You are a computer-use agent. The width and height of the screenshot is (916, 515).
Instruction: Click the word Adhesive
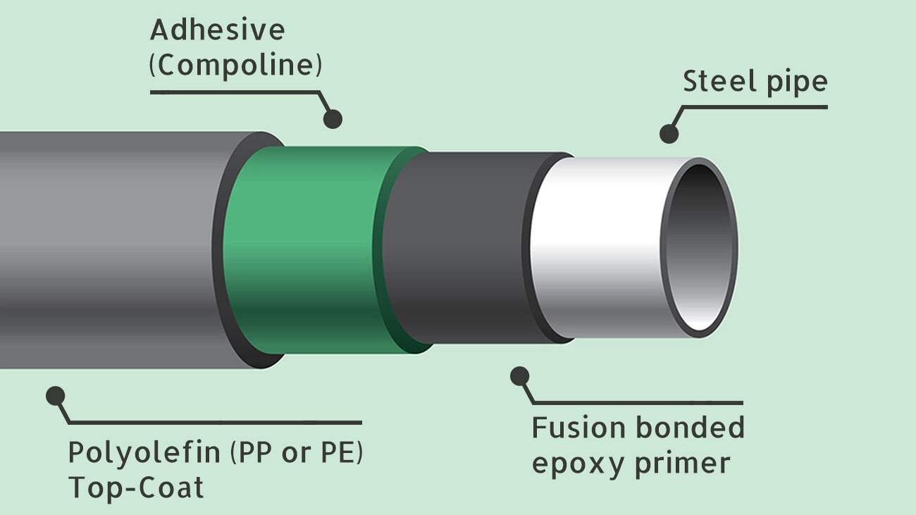(x=217, y=30)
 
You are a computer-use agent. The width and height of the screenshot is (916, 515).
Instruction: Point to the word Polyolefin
(x=144, y=452)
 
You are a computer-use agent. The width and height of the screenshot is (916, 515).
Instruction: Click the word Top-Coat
(x=136, y=488)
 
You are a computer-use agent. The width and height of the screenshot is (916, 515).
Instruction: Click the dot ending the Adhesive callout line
(x=333, y=118)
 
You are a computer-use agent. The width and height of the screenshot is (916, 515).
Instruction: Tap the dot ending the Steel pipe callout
(x=669, y=133)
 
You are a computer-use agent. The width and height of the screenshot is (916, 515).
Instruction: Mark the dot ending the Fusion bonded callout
(x=520, y=376)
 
